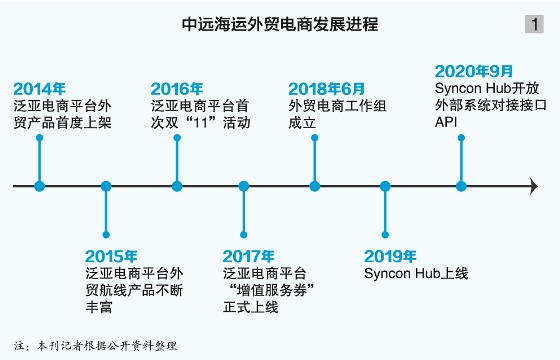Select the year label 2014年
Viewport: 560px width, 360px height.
pos(39,87)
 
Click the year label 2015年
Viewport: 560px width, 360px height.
pos(110,255)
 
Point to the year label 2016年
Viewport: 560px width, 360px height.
pos(177,87)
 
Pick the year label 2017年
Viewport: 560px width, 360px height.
pos(248,255)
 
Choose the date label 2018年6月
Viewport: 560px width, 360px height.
pos(324,87)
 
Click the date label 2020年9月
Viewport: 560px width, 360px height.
pos(474,71)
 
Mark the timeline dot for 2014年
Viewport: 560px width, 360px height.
pos(39,186)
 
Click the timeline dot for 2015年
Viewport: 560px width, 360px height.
pos(107,186)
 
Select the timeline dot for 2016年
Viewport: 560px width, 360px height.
pos(177,186)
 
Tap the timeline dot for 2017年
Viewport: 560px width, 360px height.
pos(244,186)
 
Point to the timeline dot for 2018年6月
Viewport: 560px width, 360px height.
pos(315,186)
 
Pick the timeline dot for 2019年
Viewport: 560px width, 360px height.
pos(385,186)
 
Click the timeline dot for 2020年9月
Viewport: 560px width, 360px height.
pos(462,186)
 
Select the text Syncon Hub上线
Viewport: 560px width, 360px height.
pos(416,272)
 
